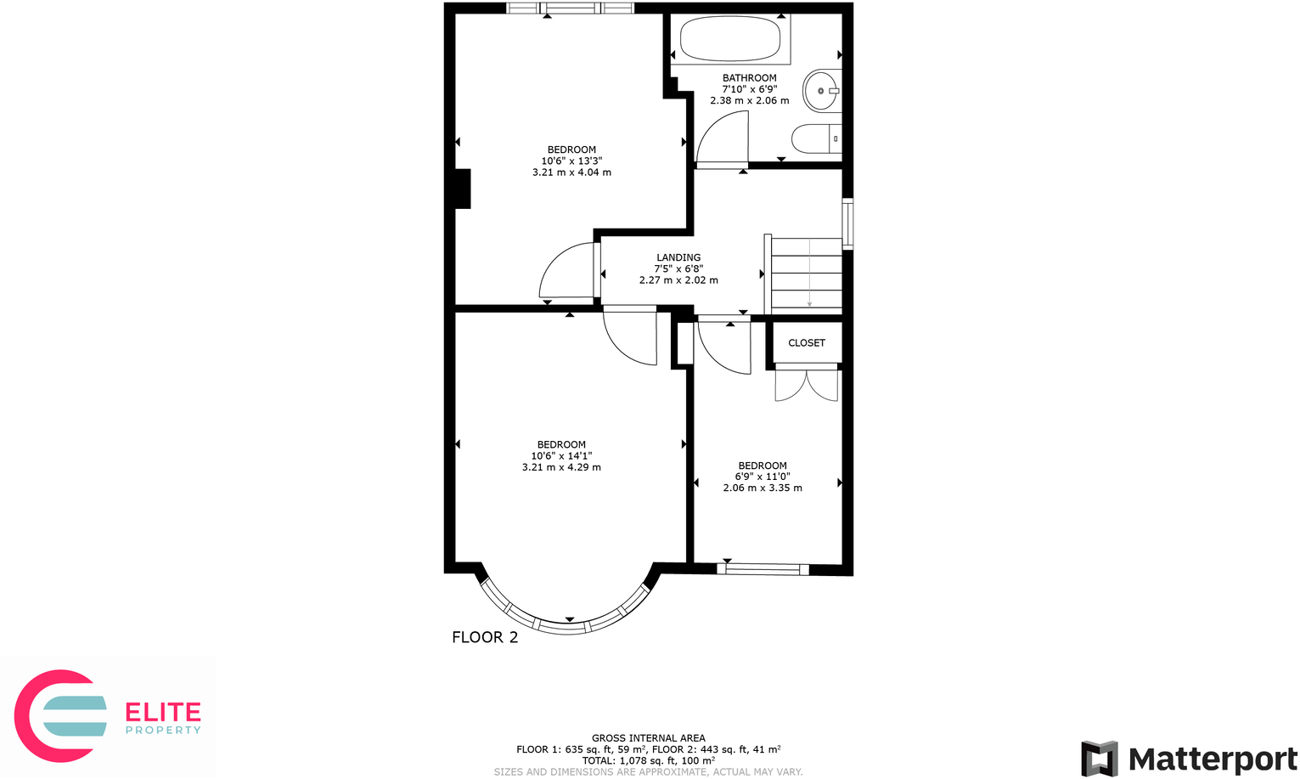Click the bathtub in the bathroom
[x=730, y=39]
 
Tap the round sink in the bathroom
[x=821, y=90]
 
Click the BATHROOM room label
[x=749, y=78]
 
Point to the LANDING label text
[x=678, y=257]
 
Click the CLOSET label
[x=806, y=343]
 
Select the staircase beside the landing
[x=806, y=274]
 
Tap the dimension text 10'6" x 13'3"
[x=571, y=161]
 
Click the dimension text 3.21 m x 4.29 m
[x=561, y=467]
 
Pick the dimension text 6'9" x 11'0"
[x=762, y=477]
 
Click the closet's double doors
[x=806, y=382]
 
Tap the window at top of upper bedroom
[x=570, y=8]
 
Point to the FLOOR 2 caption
[x=484, y=637]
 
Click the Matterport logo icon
[x=1099, y=758]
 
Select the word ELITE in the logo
[x=163, y=712]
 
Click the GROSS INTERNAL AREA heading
[x=648, y=738]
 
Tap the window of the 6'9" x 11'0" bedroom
[x=763, y=569]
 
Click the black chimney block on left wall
[x=462, y=189]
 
